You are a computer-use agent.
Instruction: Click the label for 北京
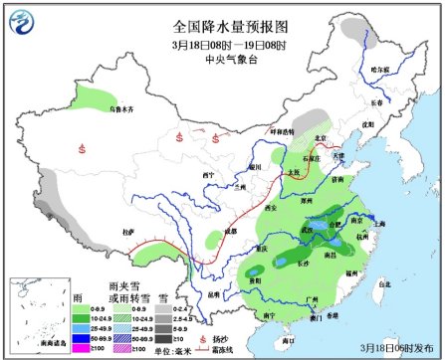320,137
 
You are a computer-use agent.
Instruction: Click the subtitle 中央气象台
222,58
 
